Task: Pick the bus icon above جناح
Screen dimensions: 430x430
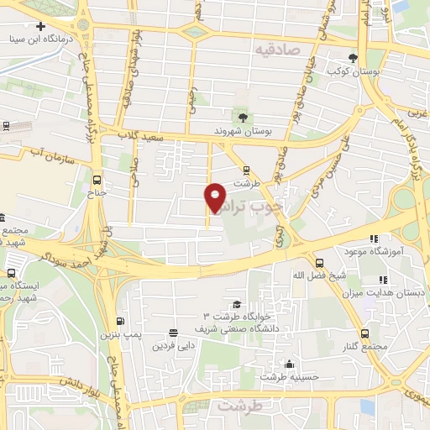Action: tap(97, 180)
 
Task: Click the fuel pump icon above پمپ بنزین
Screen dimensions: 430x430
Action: tap(119, 322)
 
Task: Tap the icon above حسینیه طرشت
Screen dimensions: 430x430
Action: tap(290, 364)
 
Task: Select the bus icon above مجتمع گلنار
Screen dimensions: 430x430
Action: tap(364, 333)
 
